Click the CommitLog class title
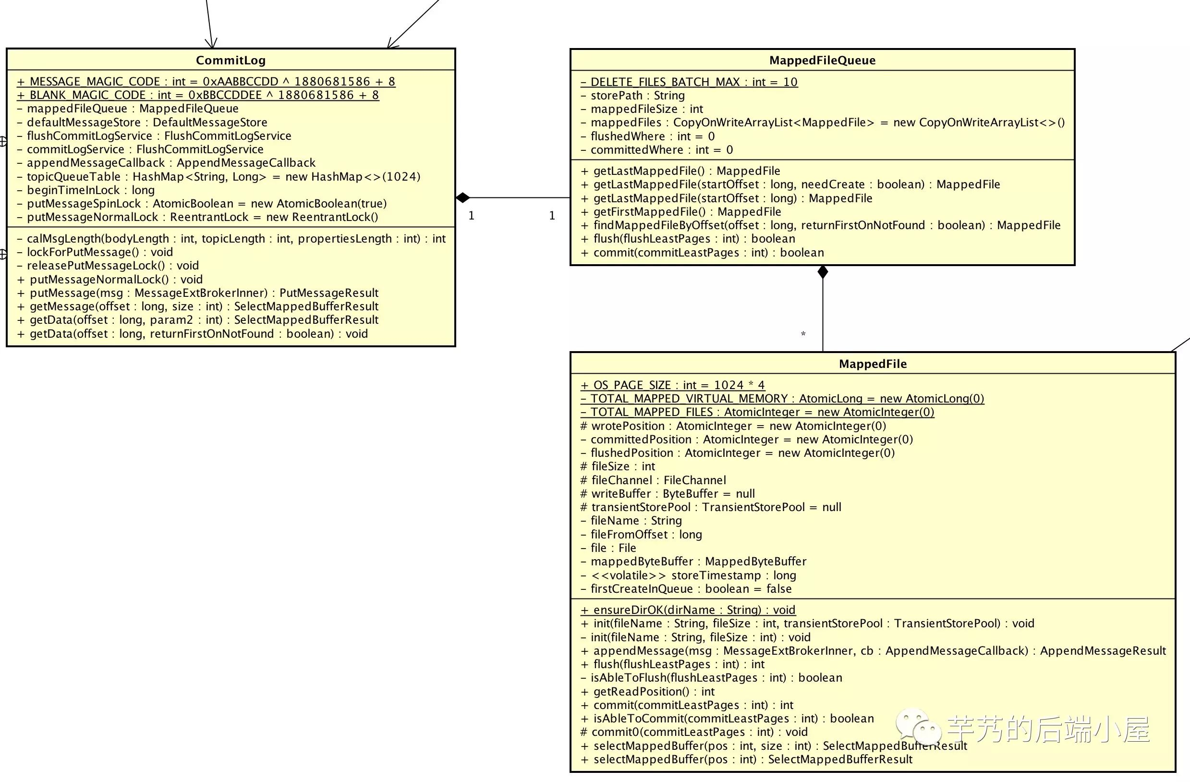(x=231, y=60)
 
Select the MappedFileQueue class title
(x=822, y=60)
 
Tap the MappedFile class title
(x=873, y=364)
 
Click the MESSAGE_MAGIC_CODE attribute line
(x=206, y=82)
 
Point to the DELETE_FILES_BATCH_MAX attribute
(x=689, y=82)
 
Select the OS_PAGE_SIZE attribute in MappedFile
(x=672, y=385)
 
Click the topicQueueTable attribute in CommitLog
(x=219, y=176)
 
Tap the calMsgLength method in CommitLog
(x=231, y=239)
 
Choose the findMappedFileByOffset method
(x=820, y=225)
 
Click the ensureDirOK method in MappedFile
(x=688, y=610)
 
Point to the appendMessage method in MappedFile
(x=873, y=650)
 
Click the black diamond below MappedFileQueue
(x=823, y=272)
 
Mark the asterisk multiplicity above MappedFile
(x=803, y=334)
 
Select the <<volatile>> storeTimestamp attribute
(x=688, y=575)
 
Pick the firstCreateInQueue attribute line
(x=686, y=588)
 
